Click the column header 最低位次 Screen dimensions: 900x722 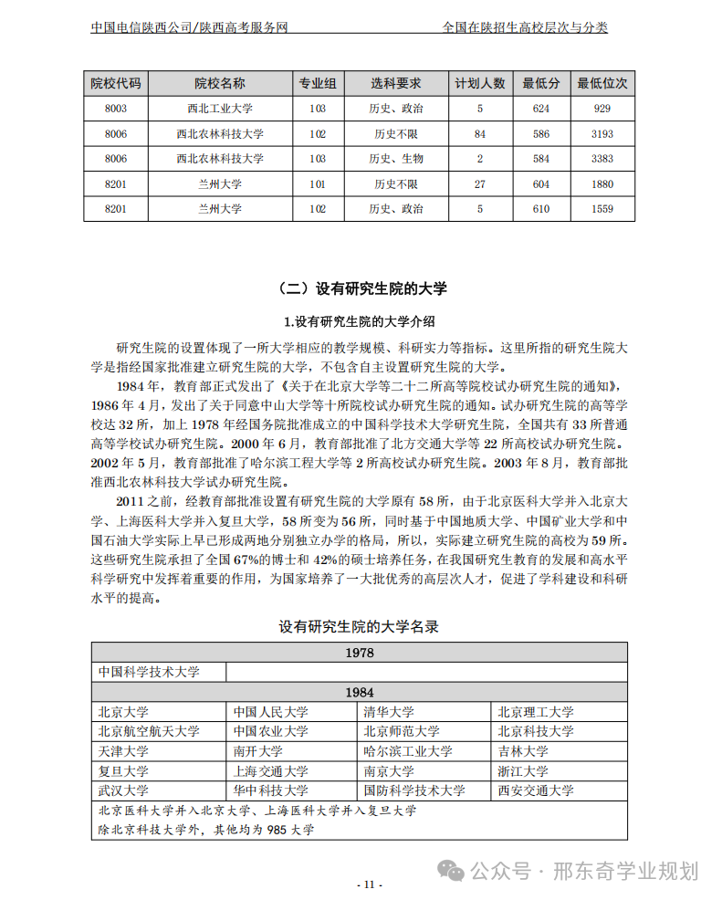602,84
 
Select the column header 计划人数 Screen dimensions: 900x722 480,84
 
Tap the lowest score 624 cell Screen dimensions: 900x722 540,109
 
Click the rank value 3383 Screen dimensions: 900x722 602,159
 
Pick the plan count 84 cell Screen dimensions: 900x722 480,134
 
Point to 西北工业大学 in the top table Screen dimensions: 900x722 220,109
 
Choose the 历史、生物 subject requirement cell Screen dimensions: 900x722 395,159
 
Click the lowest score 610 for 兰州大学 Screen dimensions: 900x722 540,209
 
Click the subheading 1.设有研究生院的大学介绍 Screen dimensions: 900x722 360,321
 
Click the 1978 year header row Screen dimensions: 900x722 360,653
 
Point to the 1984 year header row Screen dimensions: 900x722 360,693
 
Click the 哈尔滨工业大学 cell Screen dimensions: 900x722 408,751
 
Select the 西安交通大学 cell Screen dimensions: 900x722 535,790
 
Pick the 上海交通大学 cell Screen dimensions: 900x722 270,771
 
